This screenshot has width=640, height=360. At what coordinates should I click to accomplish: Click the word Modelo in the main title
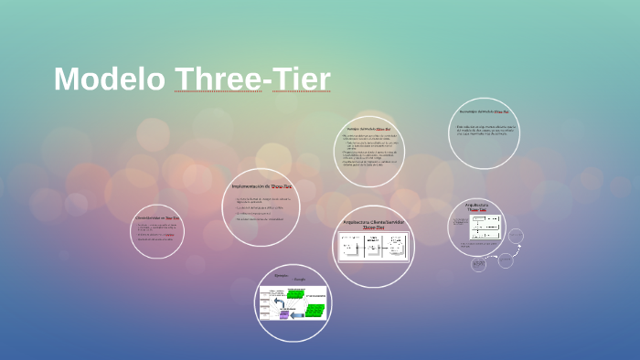click(x=110, y=79)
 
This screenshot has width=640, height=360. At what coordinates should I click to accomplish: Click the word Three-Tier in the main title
click(x=252, y=79)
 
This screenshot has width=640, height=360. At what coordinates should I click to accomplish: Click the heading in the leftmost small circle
click(x=157, y=219)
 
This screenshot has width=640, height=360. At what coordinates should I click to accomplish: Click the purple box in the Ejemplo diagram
click(x=284, y=314)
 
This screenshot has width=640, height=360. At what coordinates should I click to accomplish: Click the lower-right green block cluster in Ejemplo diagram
click(x=314, y=312)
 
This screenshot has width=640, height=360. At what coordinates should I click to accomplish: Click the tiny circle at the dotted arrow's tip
click(x=517, y=238)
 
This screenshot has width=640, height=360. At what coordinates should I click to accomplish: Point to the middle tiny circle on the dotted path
click(x=505, y=260)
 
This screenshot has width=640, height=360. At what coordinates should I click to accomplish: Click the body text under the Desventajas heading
click(x=486, y=129)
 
